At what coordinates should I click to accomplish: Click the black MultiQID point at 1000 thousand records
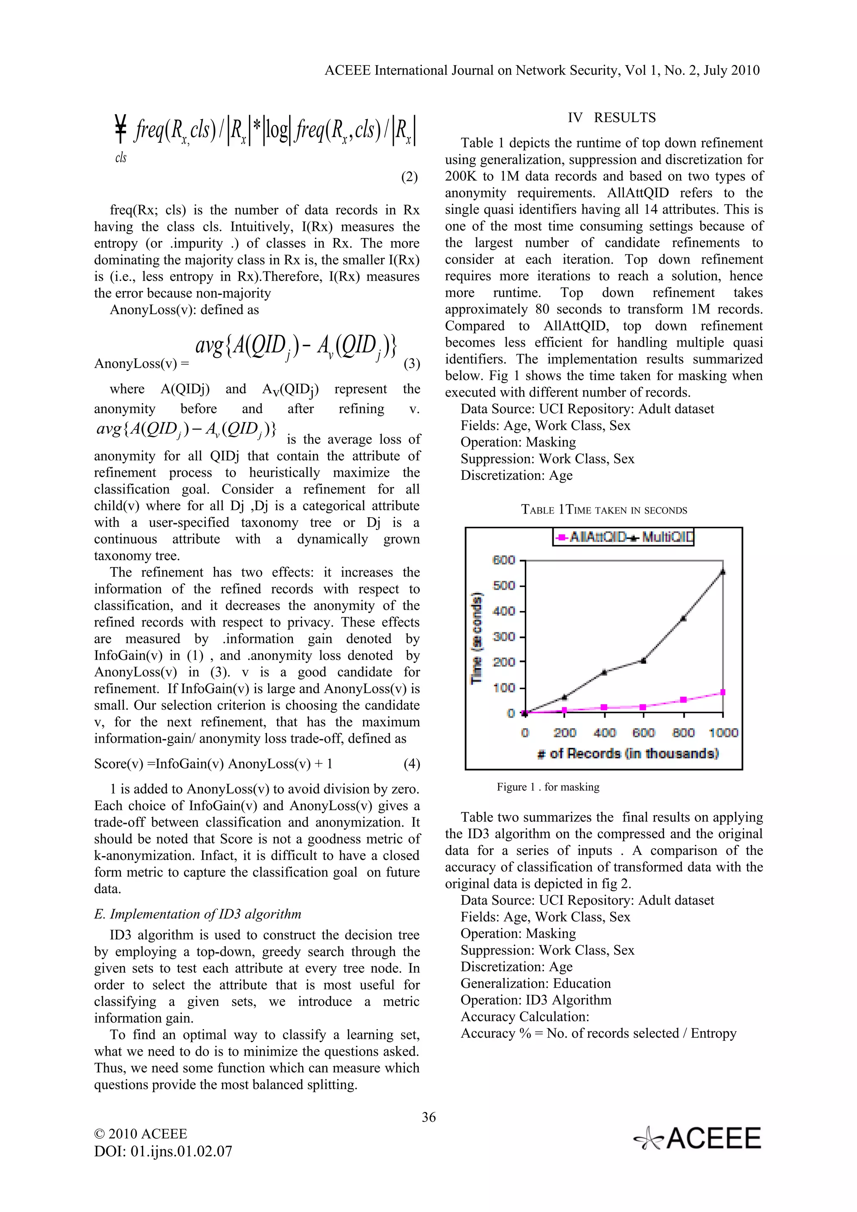tap(722, 572)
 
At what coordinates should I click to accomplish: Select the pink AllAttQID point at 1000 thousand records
tap(722, 692)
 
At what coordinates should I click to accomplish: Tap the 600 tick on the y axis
tap(504, 560)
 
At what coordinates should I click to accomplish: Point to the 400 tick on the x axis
tap(604, 733)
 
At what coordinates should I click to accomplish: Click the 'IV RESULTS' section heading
tap(611, 118)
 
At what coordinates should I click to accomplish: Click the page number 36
tap(428, 1117)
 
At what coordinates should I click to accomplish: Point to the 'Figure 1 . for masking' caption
tap(548, 787)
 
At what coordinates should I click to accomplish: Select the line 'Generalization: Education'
tap(536, 983)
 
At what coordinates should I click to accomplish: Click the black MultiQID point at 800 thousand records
tap(683, 618)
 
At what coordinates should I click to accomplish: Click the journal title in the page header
tap(542, 70)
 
